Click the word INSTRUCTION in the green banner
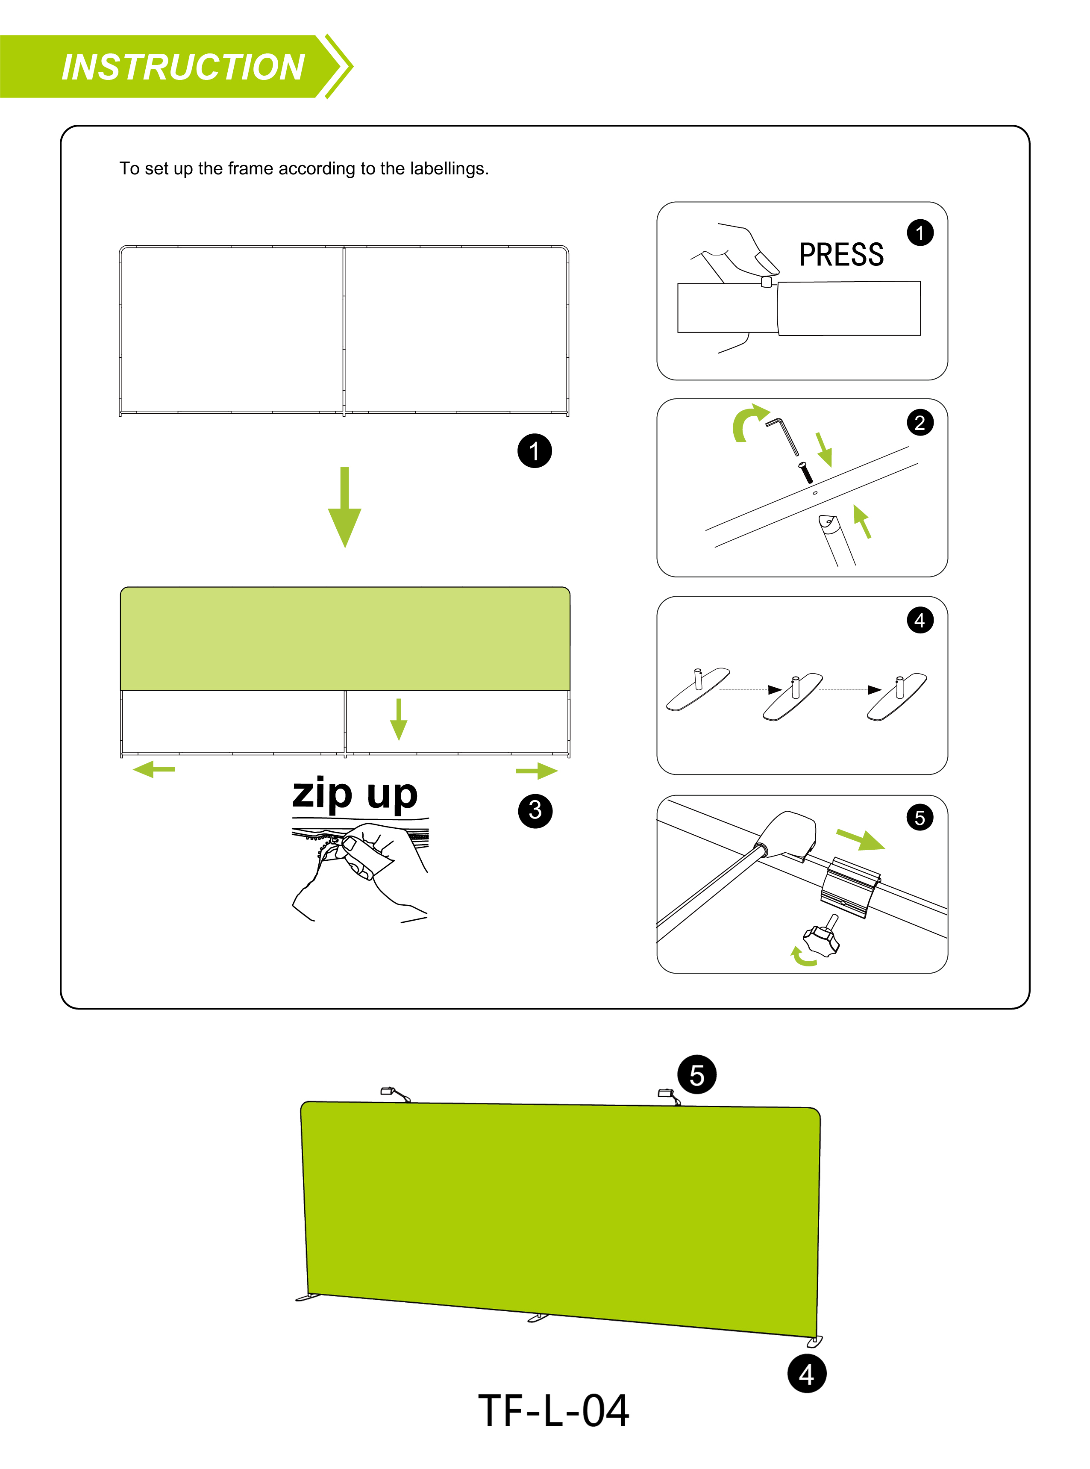coord(183,67)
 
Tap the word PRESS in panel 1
coord(841,255)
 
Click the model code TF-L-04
coord(553,1411)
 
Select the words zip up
coord(355,794)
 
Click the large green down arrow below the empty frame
coord(344,507)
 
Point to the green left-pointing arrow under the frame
coord(154,769)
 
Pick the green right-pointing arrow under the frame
coord(536,770)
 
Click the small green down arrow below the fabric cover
coord(399,719)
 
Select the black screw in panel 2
coord(805,472)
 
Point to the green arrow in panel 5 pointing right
coord(861,839)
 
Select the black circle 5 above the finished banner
coord(697,1075)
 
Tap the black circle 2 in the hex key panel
coord(920,422)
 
